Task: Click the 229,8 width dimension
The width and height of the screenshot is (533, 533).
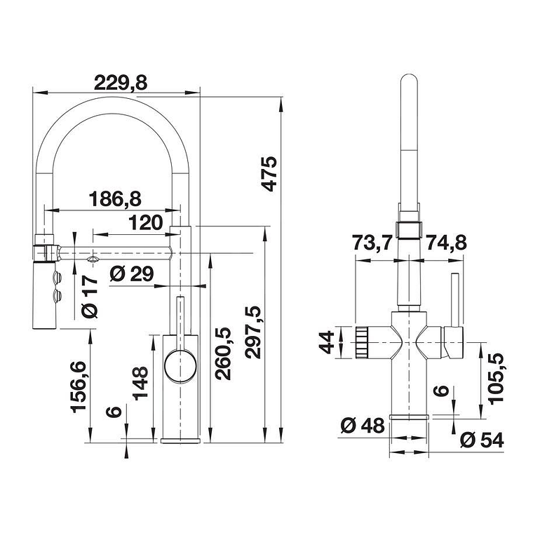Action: point(120,83)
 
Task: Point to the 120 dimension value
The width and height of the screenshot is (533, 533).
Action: point(146,224)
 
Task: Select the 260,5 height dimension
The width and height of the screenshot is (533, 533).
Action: point(223,353)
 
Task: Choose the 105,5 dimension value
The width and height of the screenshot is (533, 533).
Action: point(497,377)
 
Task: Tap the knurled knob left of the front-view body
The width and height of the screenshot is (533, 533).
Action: point(363,342)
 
